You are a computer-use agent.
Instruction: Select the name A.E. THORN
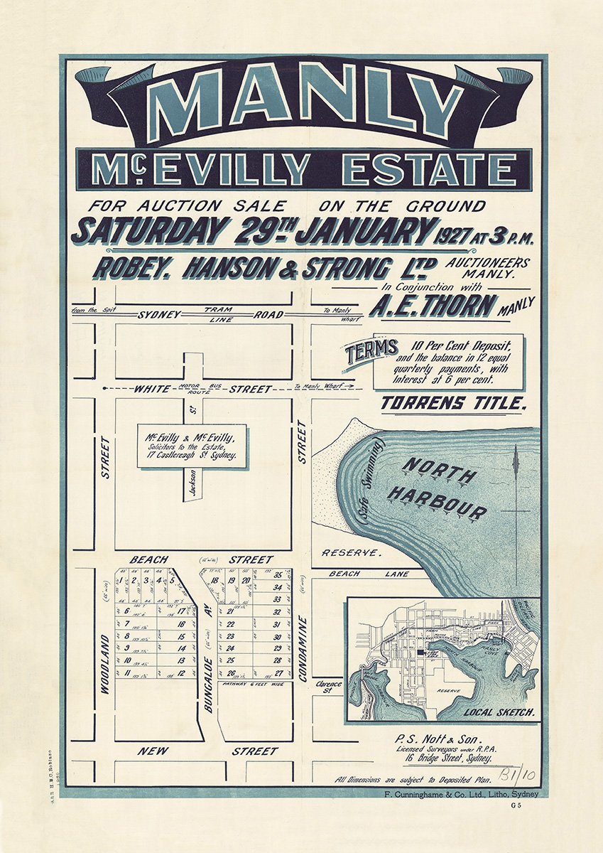tap(433, 306)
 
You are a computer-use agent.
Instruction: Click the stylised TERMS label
tap(370, 351)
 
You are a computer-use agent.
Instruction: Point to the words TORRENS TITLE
tap(453, 404)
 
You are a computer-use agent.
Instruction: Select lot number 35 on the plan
tap(278, 575)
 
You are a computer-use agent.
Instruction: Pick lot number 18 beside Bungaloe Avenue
tap(214, 581)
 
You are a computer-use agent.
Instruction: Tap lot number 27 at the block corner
tap(278, 672)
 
